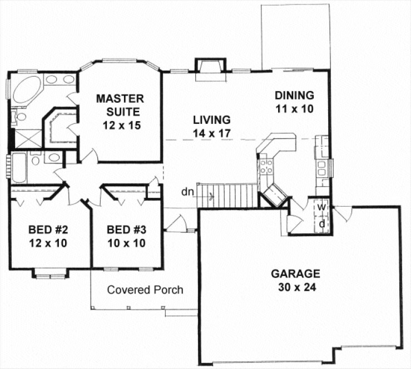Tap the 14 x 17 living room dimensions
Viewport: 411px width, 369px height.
(211, 133)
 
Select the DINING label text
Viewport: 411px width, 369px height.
(294, 94)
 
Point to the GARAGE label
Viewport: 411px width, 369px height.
(295, 273)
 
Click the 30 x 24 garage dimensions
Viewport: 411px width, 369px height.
(295, 288)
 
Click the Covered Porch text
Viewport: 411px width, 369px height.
(145, 290)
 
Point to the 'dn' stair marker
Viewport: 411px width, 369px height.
(187, 193)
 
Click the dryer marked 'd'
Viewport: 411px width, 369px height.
(321, 223)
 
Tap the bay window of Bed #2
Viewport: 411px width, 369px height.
(49, 273)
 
